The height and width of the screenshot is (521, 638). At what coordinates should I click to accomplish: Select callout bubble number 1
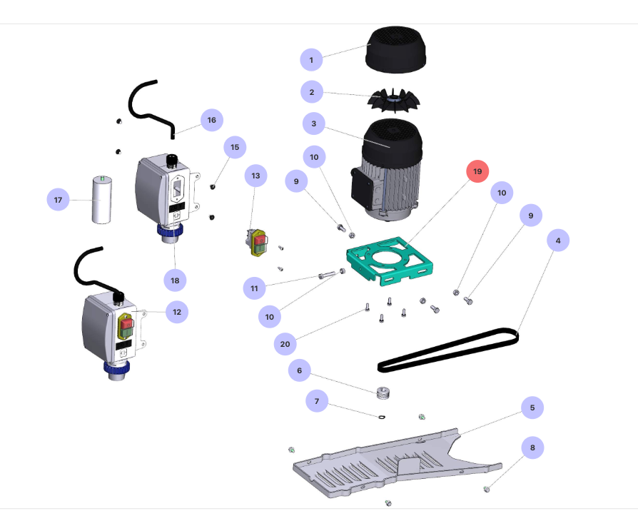pos(311,59)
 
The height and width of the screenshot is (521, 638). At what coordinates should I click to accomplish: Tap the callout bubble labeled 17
pos(58,200)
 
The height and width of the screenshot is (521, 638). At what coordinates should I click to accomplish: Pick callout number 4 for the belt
pos(558,241)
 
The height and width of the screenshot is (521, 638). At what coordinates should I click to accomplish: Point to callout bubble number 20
pos(285,344)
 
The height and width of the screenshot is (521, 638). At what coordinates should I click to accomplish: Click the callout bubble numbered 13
pos(256,175)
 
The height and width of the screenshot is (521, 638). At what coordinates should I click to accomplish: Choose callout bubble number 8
pos(532,447)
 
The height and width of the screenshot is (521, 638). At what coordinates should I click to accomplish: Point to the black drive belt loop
pos(450,350)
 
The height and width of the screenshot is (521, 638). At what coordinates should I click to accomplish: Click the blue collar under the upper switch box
pos(171,231)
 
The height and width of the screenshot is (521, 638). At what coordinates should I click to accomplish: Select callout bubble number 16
pos(211,120)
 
